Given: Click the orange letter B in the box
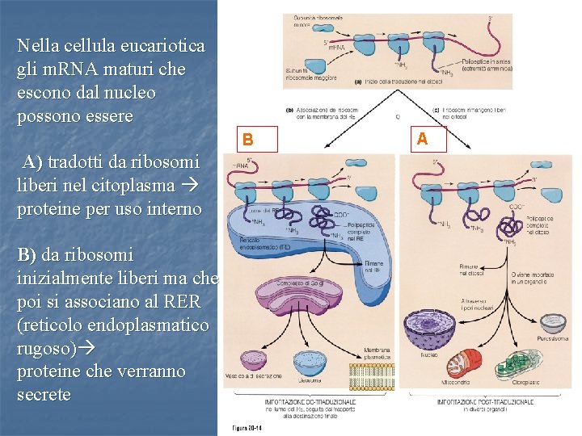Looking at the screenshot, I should coord(249,140).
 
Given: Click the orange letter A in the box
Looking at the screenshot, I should coord(422,139).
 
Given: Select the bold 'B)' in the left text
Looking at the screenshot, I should coord(27,254).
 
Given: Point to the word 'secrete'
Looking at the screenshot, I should coord(44,395).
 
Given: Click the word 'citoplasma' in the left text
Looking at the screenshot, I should coord(116,185).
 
